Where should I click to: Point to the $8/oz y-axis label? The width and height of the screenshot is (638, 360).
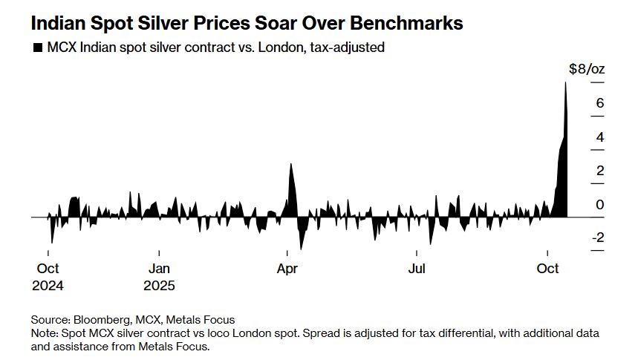point(587,69)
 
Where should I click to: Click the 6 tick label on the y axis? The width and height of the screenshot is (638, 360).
point(599,102)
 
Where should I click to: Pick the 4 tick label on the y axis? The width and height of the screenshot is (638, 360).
point(599,137)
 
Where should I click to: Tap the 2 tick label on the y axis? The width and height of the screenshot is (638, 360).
point(599,171)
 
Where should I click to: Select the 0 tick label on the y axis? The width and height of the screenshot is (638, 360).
point(599,205)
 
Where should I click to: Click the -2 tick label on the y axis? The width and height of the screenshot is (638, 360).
point(597,238)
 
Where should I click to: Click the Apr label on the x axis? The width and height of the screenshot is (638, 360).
point(287,268)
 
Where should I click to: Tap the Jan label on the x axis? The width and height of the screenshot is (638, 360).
point(159,268)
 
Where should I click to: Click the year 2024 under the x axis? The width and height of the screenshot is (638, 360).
point(48,284)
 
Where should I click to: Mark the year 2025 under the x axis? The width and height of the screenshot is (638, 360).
point(159,284)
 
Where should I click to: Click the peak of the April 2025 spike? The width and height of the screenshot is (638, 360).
point(290,164)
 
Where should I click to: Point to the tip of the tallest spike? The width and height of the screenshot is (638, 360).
point(565,82)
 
